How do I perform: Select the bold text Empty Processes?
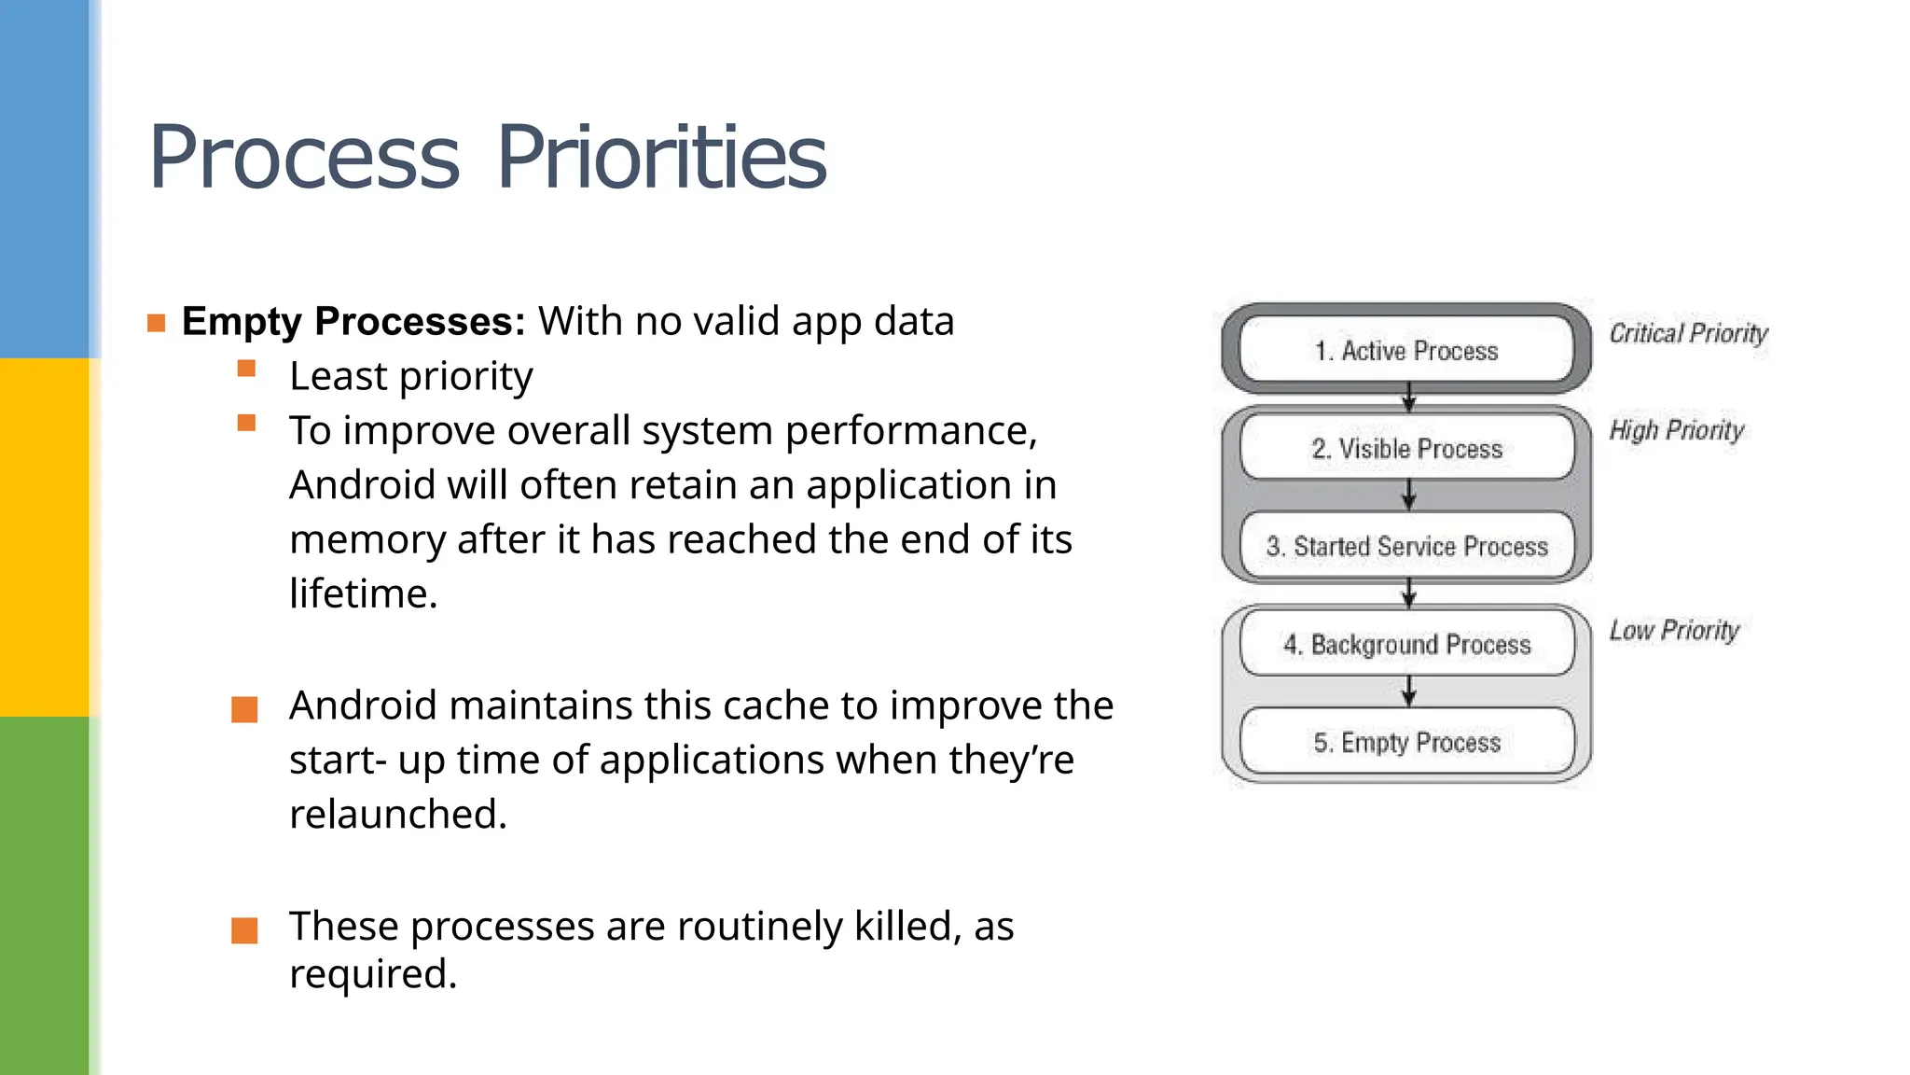(353, 321)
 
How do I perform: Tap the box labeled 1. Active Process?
(1406, 351)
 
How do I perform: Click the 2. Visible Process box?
(1406, 449)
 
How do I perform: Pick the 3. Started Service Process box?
(1406, 547)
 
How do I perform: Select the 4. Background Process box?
(1406, 645)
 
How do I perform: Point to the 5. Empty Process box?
(1406, 743)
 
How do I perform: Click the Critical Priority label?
(1688, 334)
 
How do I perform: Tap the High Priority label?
(1676, 431)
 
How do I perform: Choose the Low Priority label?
(1674, 631)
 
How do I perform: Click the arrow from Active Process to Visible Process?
(1409, 397)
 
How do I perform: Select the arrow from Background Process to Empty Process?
(1409, 691)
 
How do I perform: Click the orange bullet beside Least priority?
(246, 369)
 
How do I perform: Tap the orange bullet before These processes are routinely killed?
(244, 930)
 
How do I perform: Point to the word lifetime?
(363, 594)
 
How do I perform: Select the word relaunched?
(397, 815)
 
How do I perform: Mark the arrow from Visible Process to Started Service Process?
(1409, 495)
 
